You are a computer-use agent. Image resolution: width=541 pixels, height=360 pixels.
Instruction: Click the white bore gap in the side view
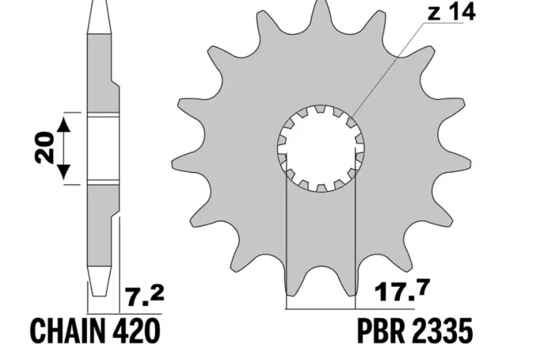pyautogui.click(x=104, y=148)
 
